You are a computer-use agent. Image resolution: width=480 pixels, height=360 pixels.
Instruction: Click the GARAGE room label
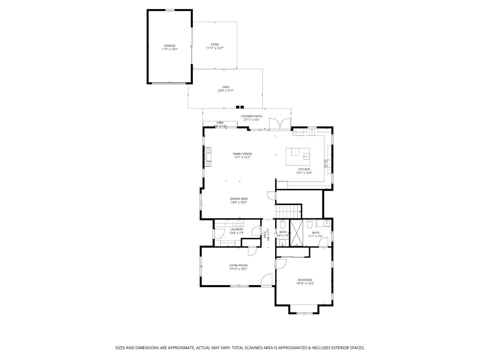[x=169, y=46]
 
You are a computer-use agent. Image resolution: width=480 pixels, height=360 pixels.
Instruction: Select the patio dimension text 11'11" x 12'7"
[x=215, y=48]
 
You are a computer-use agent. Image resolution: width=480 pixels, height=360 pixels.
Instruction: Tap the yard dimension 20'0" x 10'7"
[x=226, y=91]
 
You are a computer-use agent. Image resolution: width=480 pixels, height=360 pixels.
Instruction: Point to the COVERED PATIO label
[x=251, y=116]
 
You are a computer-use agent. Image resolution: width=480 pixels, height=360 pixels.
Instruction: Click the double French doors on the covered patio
[x=280, y=124]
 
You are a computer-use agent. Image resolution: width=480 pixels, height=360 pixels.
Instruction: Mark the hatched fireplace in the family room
[x=208, y=157]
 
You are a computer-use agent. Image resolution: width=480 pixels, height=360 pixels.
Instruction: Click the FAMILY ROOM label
[x=242, y=154]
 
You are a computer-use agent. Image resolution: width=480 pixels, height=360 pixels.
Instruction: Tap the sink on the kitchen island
[x=306, y=156]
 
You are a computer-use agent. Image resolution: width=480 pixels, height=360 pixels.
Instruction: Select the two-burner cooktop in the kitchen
[x=326, y=163]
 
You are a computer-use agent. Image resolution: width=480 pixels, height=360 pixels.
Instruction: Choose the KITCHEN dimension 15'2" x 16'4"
[x=304, y=173]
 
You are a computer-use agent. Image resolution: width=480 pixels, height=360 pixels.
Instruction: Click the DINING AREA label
[x=239, y=199]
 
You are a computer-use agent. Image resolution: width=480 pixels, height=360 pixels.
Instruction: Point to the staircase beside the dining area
[x=288, y=211]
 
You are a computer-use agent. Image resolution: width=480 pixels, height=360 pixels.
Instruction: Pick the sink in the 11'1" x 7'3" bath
[x=327, y=223]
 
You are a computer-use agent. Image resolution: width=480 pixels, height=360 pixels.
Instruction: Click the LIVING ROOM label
[x=238, y=266]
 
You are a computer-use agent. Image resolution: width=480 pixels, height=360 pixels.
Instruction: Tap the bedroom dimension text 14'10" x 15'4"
[x=305, y=284]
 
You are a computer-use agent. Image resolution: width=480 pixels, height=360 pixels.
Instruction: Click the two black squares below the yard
[x=240, y=107]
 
